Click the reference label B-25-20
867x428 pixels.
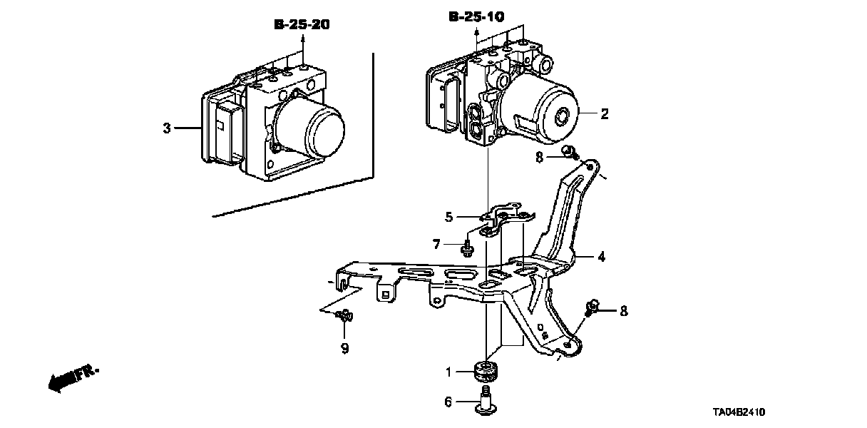point(303,25)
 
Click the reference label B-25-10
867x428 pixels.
point(476,16)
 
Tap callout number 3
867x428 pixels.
point(167,128)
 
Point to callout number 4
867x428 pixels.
point(601,255)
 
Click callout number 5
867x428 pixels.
point(449,216)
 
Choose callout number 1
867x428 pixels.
point(449,371)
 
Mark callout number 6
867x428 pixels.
point(448,402)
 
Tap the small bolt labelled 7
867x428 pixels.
point(468,248)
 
